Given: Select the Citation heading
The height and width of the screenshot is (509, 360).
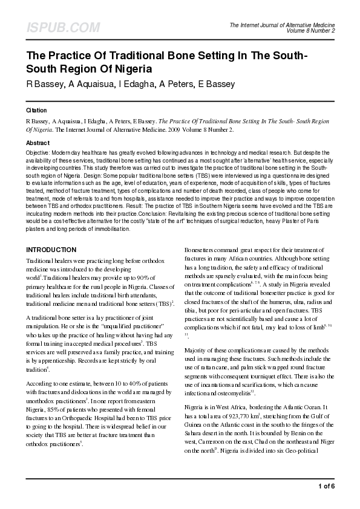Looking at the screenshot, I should pos(36,111).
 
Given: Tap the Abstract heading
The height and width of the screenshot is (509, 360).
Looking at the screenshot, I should pos(38,143).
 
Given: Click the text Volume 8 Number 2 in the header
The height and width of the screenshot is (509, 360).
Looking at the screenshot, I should pos(310,30).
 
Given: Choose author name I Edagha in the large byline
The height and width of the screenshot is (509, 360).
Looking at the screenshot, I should pos(144,84).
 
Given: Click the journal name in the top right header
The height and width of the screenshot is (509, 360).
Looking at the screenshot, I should pos(283,24).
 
